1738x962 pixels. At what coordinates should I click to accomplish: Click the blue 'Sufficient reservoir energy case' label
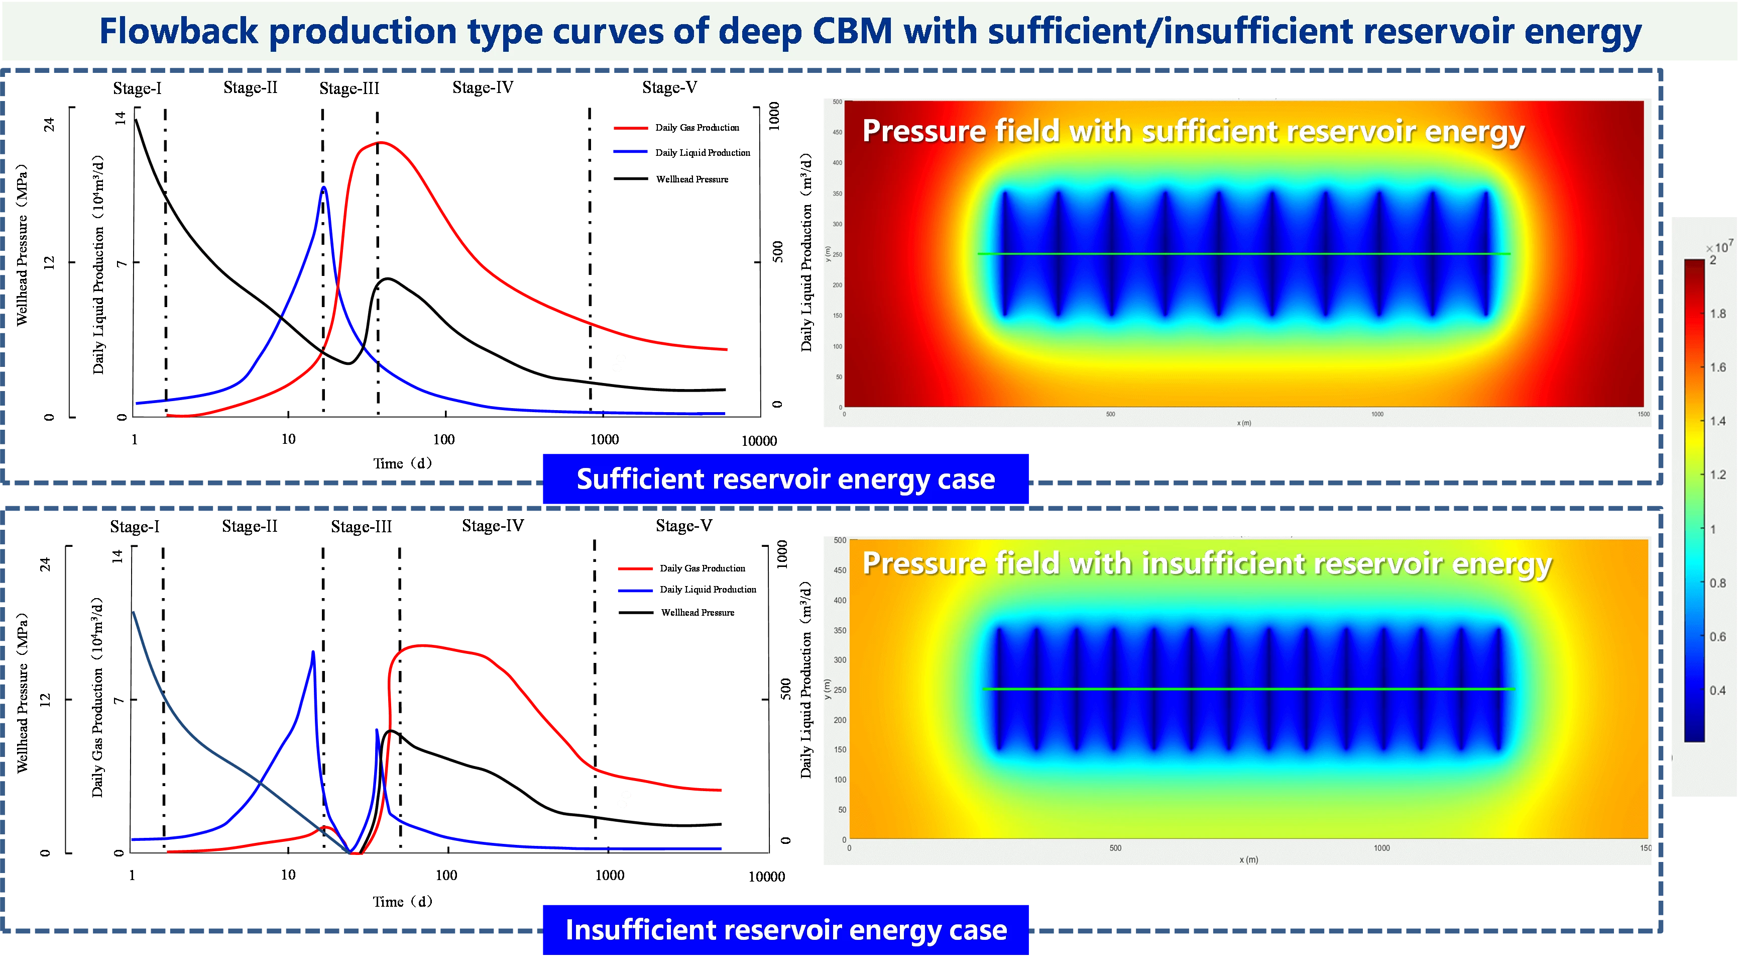tap(785, 478)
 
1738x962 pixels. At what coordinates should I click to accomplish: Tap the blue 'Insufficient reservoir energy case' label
tap(786, 930)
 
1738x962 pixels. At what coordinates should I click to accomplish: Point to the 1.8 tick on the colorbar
tap(1717, 314)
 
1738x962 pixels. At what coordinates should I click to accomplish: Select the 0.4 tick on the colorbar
tap(1717, 690)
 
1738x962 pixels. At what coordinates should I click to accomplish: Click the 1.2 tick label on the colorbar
tap(1717, 474)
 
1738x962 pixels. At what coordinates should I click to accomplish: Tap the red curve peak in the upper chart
tap(380, 142)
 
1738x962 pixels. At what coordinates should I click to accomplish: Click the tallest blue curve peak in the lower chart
tap(313, 651)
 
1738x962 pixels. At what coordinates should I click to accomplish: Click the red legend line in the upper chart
tap(631, 128)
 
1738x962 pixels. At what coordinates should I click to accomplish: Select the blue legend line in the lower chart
tap(634, 591)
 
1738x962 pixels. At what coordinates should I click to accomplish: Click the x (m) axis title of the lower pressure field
tap(1248, 859)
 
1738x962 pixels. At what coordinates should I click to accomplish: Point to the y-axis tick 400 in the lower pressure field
tap(839, 600)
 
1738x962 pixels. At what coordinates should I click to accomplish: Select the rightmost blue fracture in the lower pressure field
tap(1500, 689)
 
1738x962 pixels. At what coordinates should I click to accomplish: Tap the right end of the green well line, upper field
tap(1509, 254)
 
